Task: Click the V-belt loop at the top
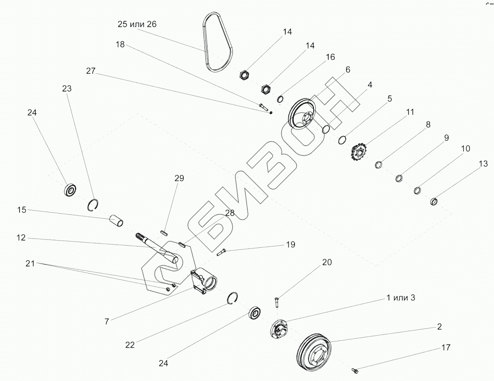218,42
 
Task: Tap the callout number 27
91,71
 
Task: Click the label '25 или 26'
137,24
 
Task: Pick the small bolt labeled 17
355,371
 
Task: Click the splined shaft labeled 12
157,249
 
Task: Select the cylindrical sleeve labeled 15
116,220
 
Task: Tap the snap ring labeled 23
93,205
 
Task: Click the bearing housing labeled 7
204,281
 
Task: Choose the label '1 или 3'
401,298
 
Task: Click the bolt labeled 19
222,252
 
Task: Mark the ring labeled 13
434,201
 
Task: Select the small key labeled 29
164,232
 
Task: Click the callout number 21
30,264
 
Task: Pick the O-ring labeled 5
342,139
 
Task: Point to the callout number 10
466,149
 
